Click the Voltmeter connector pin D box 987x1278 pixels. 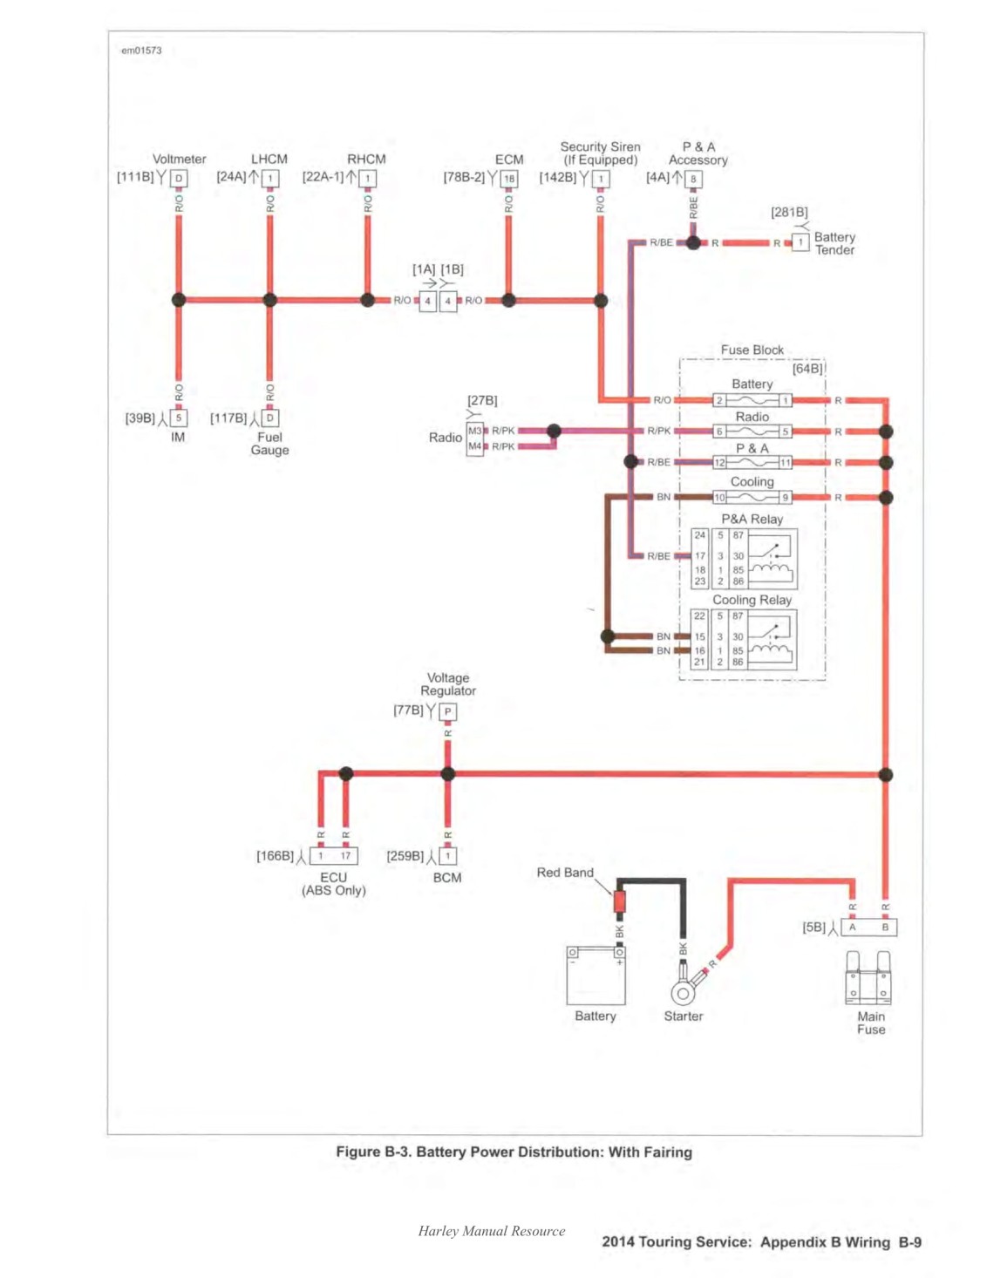point(179,178)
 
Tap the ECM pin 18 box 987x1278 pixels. point(509,179)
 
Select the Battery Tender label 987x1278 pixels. point(834,243)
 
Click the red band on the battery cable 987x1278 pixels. point(619,901)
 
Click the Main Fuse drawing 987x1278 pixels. point(868,978)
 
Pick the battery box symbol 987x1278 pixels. point(596,975)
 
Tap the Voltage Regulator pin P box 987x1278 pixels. point(448,711)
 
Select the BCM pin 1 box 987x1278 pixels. point(447,856)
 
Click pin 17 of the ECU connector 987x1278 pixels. point(345,856)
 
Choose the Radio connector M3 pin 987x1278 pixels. point(474,431)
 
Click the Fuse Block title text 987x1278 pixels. point(752,350)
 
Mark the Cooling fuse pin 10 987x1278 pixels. point(719,498)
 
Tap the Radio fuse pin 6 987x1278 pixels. point(719,432)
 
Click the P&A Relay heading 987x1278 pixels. point(752,520)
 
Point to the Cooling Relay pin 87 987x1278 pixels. point(738,615)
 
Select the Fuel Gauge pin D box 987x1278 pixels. point(270,418)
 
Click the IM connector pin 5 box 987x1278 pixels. point(179,418)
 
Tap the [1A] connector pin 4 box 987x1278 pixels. point(427,301)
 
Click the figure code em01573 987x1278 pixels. point(142,51)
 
